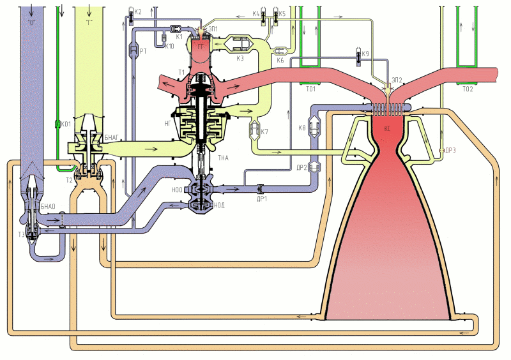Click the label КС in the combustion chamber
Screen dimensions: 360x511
tap(387, 128)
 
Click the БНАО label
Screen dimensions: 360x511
tap(49, 207)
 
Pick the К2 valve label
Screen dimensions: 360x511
tap(138, 11)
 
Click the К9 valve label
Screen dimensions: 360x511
tap(365, 54)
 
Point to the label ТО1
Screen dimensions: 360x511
tap(311, 89)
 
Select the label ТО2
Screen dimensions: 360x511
tap(468, 89)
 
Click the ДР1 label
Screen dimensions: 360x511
tap(261, 198)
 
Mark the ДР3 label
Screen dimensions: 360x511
tap(451, 150)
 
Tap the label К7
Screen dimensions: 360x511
tap(265, 132)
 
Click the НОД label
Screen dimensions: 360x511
tap(220, 205)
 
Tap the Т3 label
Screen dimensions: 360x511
tap(21, 234)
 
